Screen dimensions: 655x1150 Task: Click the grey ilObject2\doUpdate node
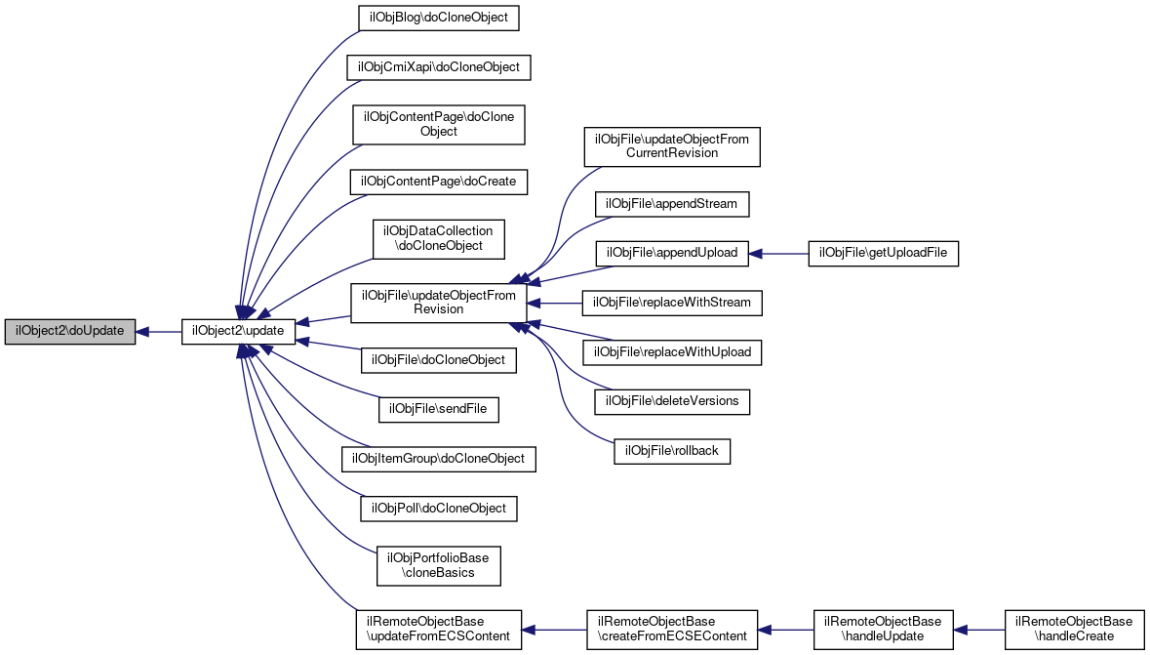[x=70, y=331]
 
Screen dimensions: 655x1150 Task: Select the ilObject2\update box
[x=238, y=331]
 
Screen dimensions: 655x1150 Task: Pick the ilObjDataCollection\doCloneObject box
[x=438, y=238]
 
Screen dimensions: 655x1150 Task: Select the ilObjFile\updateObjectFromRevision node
[x=438, y=302]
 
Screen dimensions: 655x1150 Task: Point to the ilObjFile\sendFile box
[x=438, y=409]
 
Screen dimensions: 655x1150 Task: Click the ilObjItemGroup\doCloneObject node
[x=438, y=458]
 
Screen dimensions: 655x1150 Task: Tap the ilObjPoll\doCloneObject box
[x=438, y=508]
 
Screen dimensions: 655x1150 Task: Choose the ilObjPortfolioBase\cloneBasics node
[x=438, y=565]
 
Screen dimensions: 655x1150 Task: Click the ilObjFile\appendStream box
[x=671, y=204]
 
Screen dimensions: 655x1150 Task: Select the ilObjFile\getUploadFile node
[x=884, y=254]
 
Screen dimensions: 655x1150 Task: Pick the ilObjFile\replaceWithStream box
[x=671, y=303]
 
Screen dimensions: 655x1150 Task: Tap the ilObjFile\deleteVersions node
[x=671, y=400]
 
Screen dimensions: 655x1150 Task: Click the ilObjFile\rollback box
[x=671, y=450]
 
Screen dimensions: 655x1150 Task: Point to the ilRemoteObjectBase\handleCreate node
[x=1074, y=629]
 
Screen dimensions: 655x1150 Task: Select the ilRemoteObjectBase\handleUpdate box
[x=883, y=629]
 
